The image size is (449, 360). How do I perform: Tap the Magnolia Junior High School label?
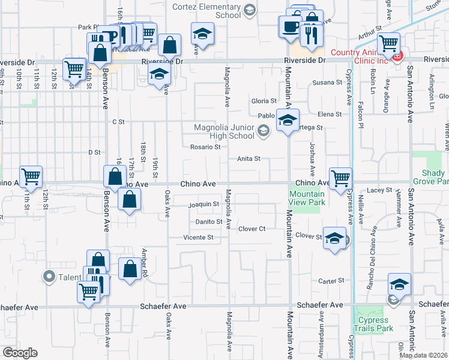tap(224, 131)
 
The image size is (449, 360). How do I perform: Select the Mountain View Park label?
tap(307, 198)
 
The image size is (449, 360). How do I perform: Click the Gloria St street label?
tap(264, 101)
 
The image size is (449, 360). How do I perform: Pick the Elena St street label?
tap(330, 114)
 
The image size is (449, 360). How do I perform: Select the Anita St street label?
tap(248, 159)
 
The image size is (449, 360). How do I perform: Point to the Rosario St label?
tap(202, 147)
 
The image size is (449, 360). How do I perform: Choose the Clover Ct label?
tap(252, 229)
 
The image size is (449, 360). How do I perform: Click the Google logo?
tap(20, 353)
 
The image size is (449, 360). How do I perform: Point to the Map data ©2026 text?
tap(423, 355)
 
